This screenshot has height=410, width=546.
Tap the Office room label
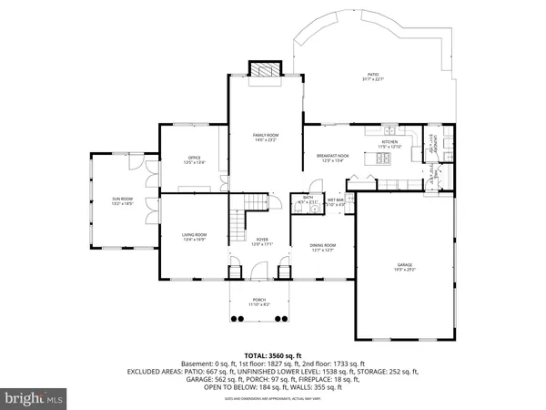tap(195, 160)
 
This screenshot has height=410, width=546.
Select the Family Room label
tap(266, 137)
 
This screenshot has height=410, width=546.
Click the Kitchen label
tap(389, 144)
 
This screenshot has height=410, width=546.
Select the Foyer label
tap(263, 241)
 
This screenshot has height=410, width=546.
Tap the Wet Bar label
tap(336, 201)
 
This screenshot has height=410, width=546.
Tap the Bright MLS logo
tap(34, 398)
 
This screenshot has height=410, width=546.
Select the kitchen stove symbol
tap(382, 159)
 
